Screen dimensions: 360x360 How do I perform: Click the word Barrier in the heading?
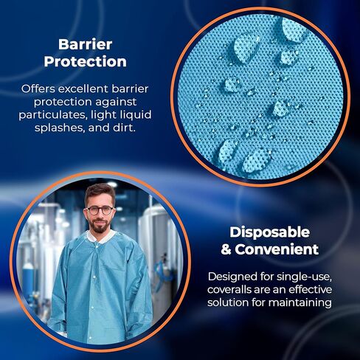(x=85, y=44)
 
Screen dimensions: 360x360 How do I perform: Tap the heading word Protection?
(x=85, y=61)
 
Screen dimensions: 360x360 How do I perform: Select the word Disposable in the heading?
(x=270, y=233)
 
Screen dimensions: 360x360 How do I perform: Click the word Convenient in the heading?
(x=277, y=249)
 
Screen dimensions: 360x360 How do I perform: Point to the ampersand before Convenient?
(x=226, y=249)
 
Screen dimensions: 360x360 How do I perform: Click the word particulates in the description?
(x=53, y=115)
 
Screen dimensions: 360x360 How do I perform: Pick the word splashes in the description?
(x=59, y=128)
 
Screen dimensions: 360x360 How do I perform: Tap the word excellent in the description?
(x=84, y=89)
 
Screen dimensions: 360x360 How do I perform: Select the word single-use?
(x=305, y=277)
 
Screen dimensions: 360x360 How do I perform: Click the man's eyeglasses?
(x=100, y=210)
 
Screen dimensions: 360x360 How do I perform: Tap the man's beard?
(x=100, y=226)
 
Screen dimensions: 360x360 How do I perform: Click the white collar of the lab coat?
(x=100, y=237)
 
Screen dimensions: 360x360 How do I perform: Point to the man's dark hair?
(x=99, y=193)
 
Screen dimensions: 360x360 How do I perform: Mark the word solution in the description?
(x=228, y=302)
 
